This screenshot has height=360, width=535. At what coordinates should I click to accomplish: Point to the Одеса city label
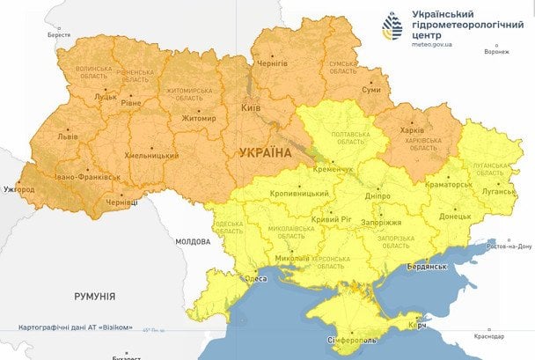point(256,278)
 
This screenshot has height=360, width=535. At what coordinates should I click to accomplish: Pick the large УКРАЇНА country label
point(265,152)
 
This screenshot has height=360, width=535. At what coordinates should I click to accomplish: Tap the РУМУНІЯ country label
point(94,297)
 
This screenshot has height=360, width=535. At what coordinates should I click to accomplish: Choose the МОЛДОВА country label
point(193,240)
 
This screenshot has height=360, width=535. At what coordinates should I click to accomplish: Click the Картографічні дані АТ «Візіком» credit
point(76,327)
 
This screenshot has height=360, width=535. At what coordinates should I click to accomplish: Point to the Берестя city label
point(59,34)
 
